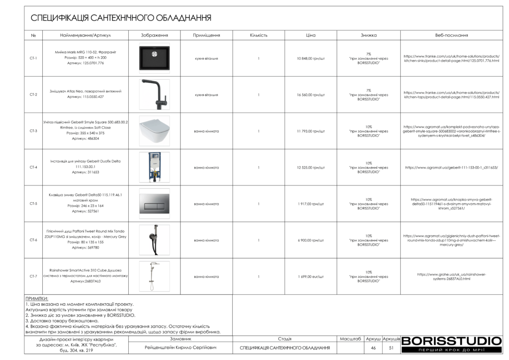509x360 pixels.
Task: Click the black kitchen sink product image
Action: coord(155,58)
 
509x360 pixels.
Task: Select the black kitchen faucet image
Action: coord(155,94)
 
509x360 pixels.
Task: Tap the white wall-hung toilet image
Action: coord(155,131)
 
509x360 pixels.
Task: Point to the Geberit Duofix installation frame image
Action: coord(155,167)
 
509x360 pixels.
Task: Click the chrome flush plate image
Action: coord(155,204)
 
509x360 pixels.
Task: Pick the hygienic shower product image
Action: coord(155,240)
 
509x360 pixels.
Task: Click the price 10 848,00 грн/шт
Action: coord(311,58)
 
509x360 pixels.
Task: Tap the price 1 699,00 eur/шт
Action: coord(311,276)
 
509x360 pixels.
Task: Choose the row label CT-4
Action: coord(33,168)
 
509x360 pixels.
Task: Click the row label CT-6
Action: coord(33,240)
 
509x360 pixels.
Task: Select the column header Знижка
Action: coord(368,36)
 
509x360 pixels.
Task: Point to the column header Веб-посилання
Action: coord(451,36)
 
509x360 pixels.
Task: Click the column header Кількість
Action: coord(258,36)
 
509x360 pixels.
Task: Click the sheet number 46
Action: coord(373,348)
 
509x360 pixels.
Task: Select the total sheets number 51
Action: coord(391,348)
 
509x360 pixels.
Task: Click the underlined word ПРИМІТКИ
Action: coord(36,298)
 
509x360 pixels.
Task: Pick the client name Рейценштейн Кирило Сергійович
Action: coord(180,348)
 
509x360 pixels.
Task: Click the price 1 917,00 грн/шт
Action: coord(311,204)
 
